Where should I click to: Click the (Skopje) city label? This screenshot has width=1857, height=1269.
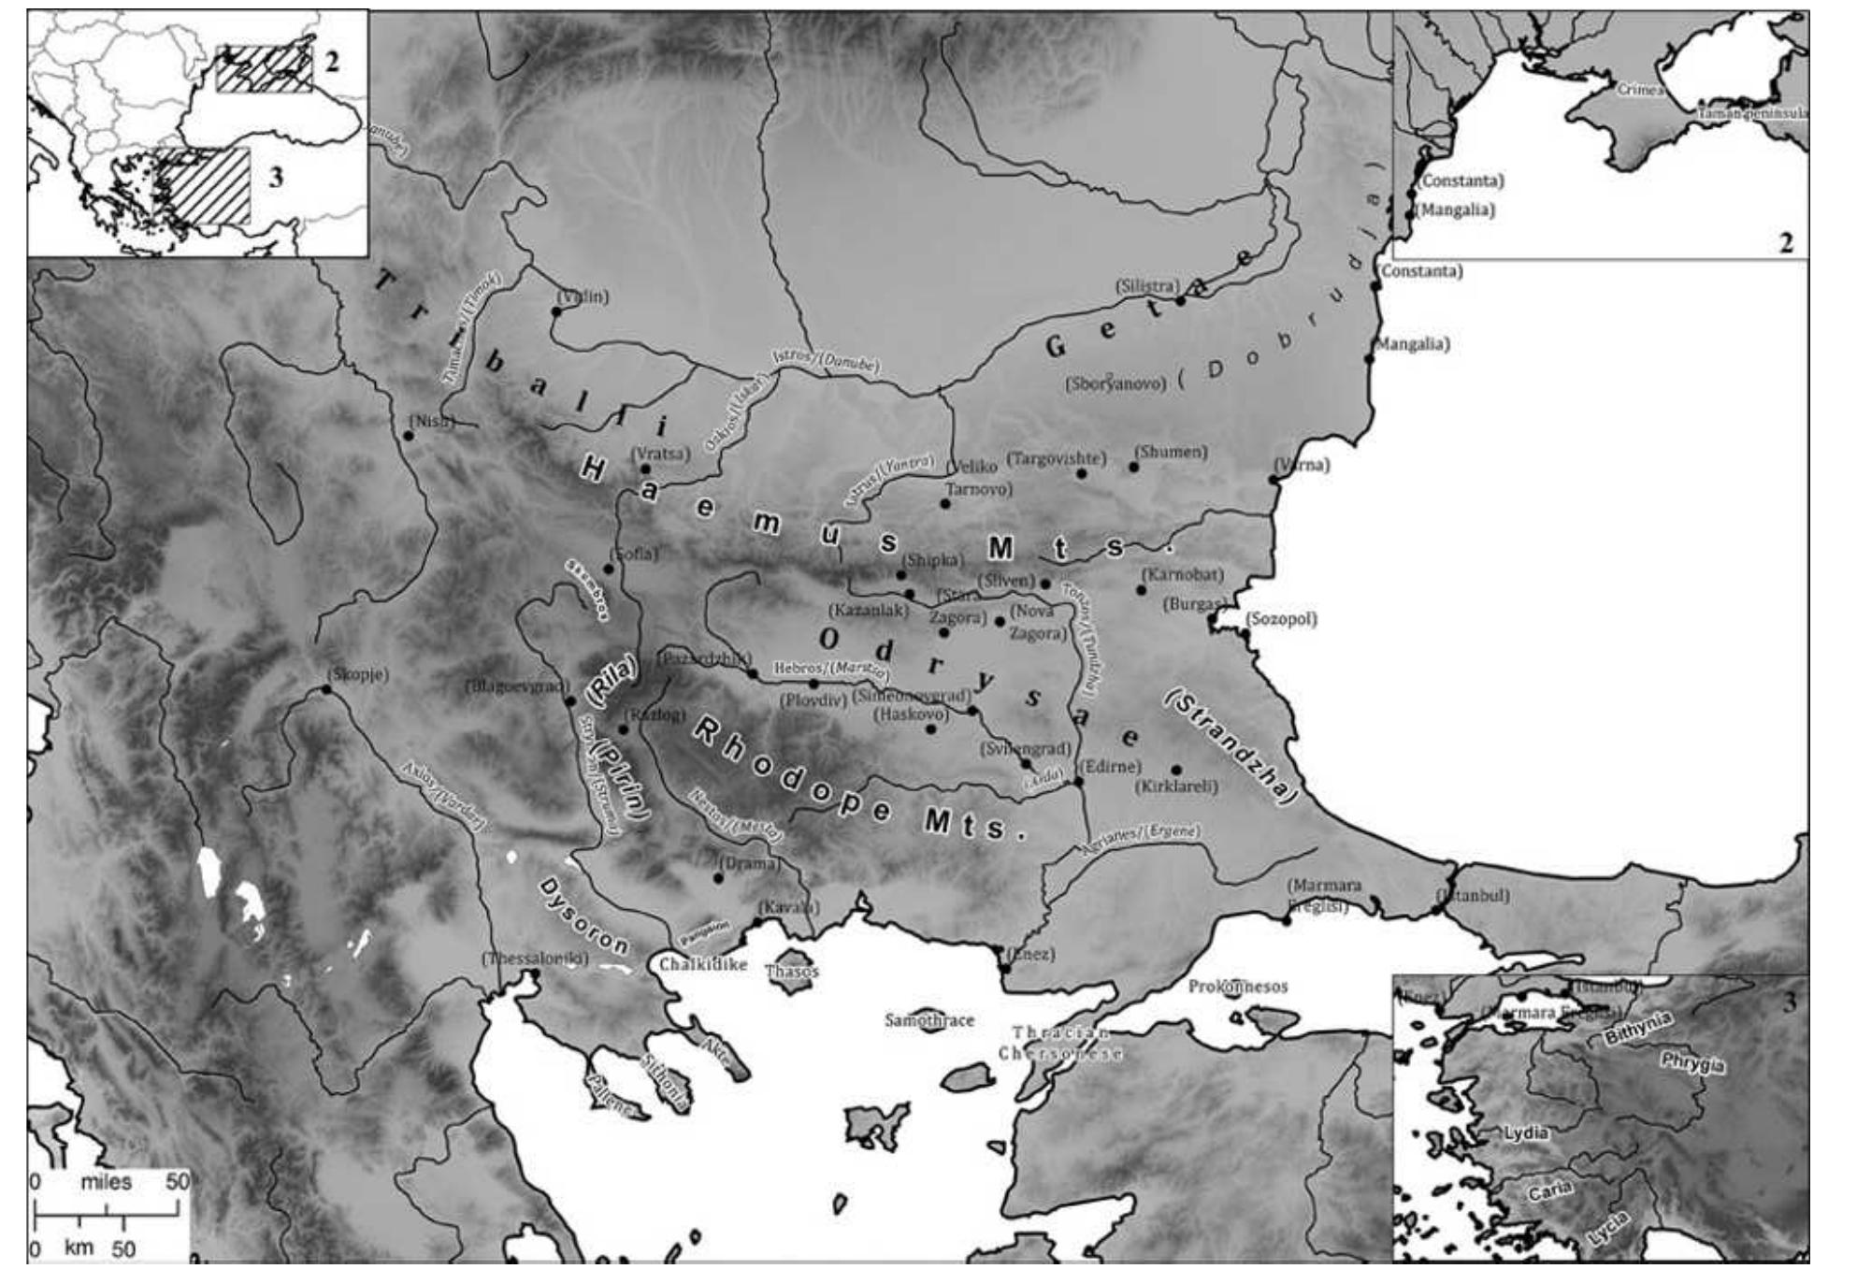point(358,674)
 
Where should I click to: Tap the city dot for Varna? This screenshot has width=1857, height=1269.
point(1273,481)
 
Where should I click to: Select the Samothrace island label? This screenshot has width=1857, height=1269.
point(929,1020)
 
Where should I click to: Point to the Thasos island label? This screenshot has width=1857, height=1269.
point(792,972)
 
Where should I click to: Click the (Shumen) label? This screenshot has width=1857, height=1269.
point(1170,452)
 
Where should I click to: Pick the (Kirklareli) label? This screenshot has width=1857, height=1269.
point(1177,786)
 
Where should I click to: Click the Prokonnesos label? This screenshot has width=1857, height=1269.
point(1238,987)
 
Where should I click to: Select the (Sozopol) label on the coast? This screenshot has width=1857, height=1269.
point(1281,619)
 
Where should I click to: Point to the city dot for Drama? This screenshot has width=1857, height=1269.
point(718,878)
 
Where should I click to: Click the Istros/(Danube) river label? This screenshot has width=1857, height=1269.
point(825,361)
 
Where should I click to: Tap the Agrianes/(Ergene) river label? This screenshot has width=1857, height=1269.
point(1141,841)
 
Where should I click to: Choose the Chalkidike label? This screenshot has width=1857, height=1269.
point(703,964)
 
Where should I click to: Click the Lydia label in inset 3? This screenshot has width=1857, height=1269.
point(1526,1132)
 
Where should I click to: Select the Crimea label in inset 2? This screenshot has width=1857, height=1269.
point(1640,90)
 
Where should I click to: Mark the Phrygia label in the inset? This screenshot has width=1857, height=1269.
point(1693,1063)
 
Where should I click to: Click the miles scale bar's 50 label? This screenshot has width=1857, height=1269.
point(178,1181)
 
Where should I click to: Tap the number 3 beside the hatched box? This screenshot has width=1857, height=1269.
point(276,177)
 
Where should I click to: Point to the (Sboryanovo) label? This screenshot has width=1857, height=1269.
point(1116,383)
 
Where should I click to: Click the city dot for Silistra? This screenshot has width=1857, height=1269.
point(1181,300)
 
